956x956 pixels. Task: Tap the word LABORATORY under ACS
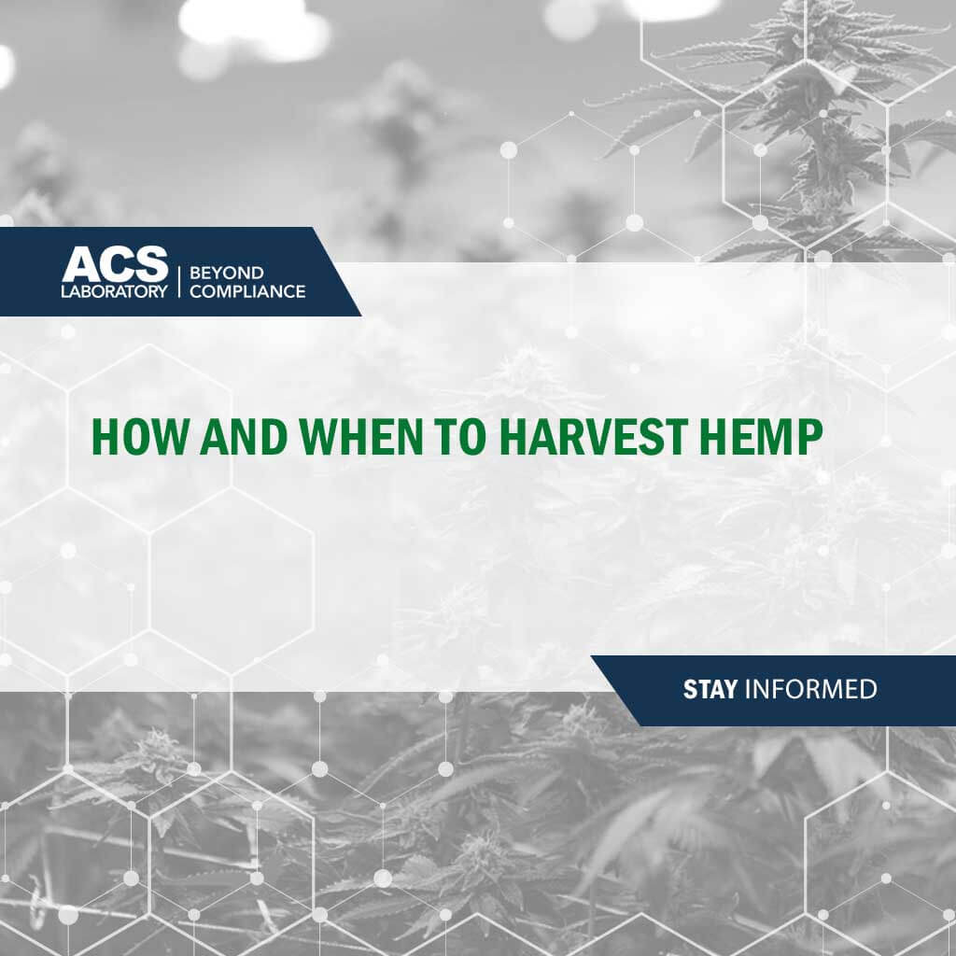(115, 290)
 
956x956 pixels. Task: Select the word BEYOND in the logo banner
(226, 273)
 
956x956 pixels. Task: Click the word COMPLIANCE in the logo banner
(246, 291)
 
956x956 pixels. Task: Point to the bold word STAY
(710, 690)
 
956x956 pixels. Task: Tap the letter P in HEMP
(808, 436)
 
